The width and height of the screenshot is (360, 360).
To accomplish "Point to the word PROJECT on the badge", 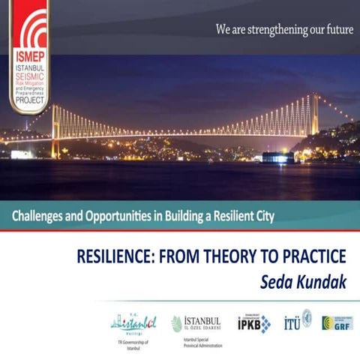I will pos(31,104).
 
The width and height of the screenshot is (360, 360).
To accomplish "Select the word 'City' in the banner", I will pos(262,217).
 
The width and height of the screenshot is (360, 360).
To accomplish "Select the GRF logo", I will pos(337,322).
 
